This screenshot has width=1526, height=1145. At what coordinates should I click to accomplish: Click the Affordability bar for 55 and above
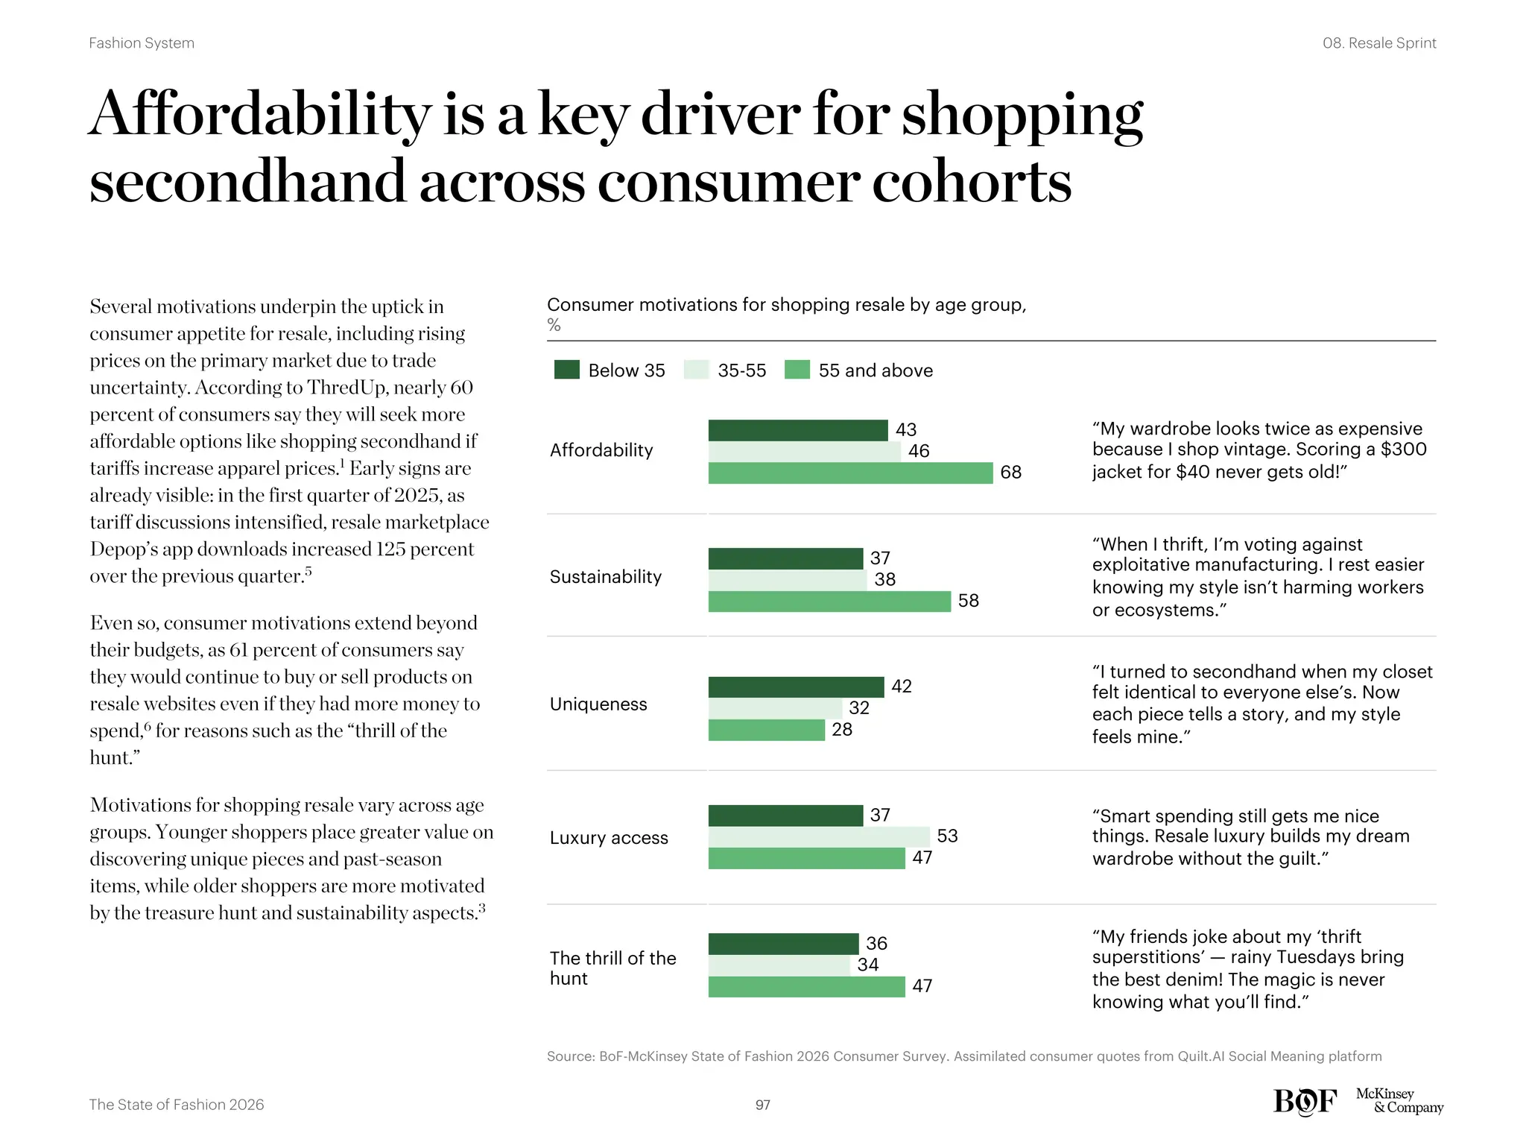pyautogui.click(x=849, y=473)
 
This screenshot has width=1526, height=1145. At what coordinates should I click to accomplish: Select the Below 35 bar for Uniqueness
pyautogui.click(x=796, y=687)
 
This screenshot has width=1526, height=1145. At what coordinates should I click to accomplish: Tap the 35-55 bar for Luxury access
pyautogui.click(x=818, y=836)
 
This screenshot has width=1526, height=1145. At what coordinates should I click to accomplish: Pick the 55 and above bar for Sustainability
pyautogui.click(x=829, y=601)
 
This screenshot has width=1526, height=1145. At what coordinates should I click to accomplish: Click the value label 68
pyautogui.click(x=1010, y=473)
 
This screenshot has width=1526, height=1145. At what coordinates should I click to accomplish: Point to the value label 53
pyautogui.click(x=947, y=836)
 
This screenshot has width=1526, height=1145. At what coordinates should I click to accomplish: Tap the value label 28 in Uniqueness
pyautogui.click(x=842, y=730)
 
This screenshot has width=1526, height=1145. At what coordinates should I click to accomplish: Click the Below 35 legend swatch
pyautogui.click(x=566, y=370)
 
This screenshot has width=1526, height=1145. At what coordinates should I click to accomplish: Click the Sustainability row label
pyautogui.click(x=605, y=577)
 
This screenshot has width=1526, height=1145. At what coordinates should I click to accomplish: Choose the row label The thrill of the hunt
pyautogui.click(x=612, y=968)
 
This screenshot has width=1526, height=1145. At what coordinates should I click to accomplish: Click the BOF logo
pyautogui.click(x=1305, y=1101)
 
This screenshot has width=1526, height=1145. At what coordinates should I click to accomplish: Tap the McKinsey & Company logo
pyautogui.click(x=1399, y=1100)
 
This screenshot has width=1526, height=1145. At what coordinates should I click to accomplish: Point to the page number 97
pyautogui.click(x=762, y=1105)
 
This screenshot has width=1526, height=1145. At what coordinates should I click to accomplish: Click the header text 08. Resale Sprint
pyautogui.click(x=1378, y=43)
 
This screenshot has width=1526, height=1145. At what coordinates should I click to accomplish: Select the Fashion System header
pyautogui.click(x=142, y=43)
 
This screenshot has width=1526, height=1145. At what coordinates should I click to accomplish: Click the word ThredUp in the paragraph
pyautogui.click(x=347, y=388)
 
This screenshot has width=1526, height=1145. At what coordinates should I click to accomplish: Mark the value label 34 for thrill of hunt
pyautogui.click(x=867, y=965)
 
